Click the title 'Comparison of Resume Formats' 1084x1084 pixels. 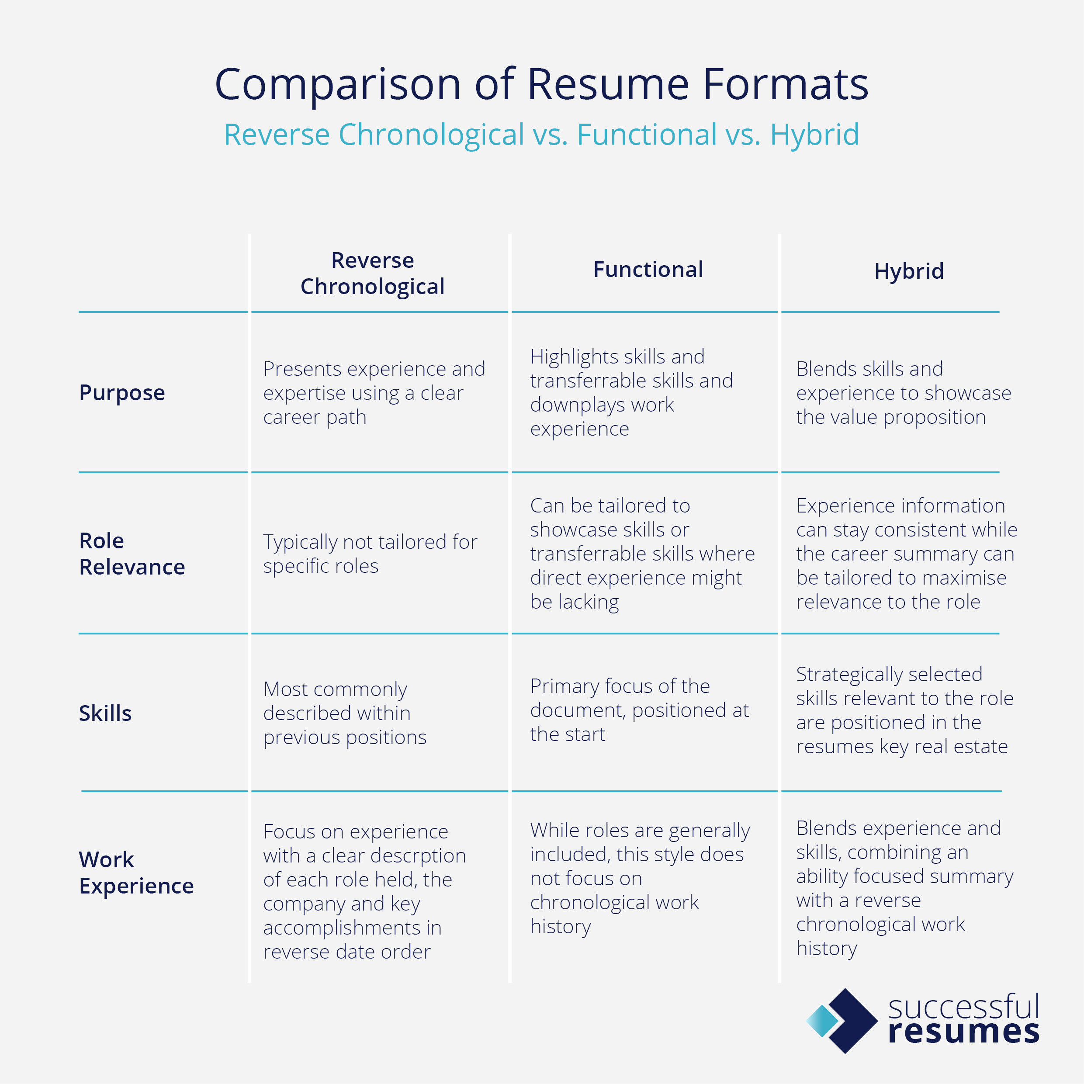click(541, 84)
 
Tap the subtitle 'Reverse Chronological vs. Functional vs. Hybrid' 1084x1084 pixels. click(541, 135)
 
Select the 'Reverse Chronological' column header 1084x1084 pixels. click(373, 273)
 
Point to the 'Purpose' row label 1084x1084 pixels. click(122, 393)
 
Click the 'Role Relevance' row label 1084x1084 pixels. click(132, 554)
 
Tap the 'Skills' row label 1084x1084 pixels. click(105, 713)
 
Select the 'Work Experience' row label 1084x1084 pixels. click(136, 873)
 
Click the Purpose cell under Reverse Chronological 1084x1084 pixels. click(374, 393)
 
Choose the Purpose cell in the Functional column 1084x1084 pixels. click(631, 393)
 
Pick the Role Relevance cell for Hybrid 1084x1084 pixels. click(906, 554)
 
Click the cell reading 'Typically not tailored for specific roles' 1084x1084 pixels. click(371, 554)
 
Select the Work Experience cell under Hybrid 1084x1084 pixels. click(904, 888)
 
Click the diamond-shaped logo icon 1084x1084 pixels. click(842, 1021)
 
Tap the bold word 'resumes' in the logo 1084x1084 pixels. click(964, 1032)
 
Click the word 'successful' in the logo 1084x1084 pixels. click(964, 1008)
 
